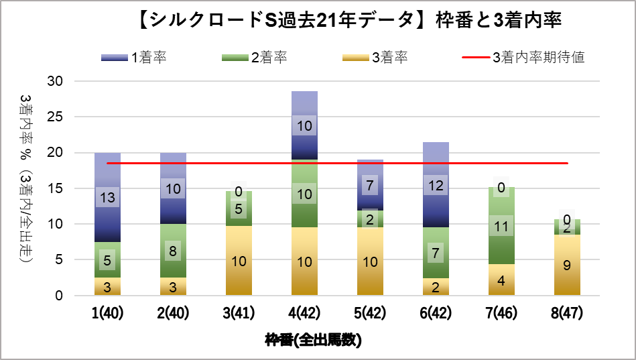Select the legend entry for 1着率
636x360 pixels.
[134, 57]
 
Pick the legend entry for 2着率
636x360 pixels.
[255, 57]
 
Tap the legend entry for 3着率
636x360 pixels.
[375, 57]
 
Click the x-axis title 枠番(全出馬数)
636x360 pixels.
[313, 340]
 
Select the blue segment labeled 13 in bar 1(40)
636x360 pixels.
[107, 197]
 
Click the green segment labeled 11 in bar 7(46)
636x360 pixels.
[501, 227]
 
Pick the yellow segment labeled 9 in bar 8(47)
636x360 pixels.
[567, 265]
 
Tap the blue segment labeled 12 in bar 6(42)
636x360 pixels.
[436, 185]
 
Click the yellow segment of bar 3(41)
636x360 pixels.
[239, 261]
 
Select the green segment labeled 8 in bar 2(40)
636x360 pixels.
[173, 251]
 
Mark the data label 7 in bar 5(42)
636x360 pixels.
[370, 184]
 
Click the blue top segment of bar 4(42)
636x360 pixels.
[304, 125]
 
